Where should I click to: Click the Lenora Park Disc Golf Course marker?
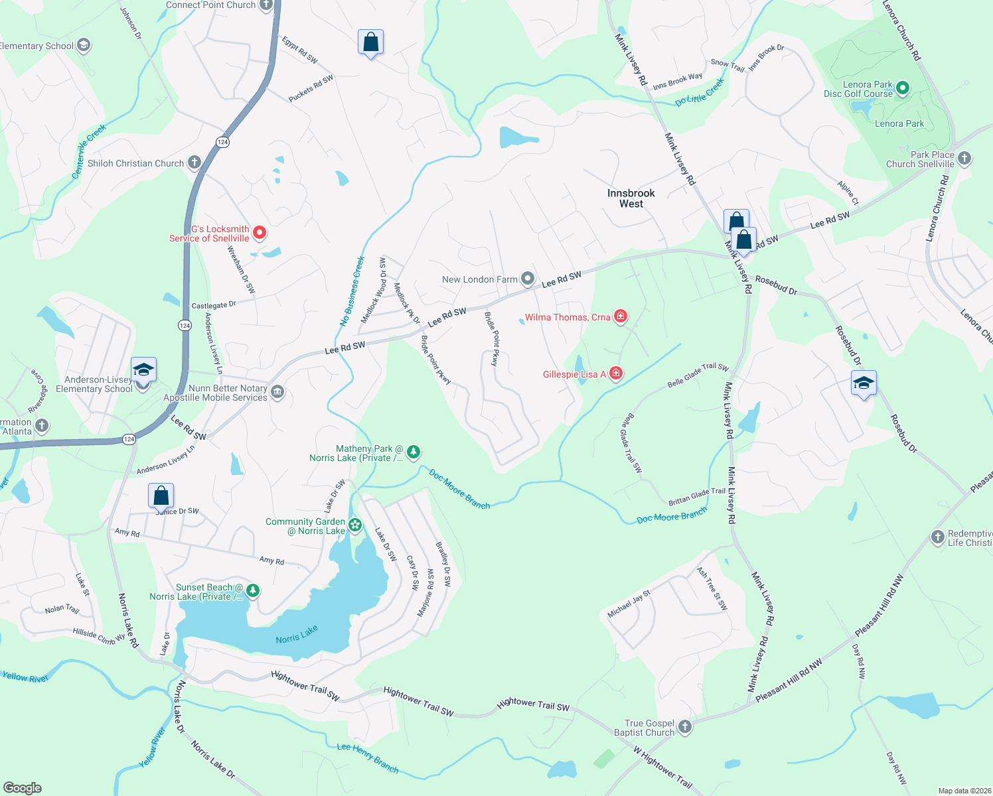click(x=902, y=88)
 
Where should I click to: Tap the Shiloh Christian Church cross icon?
click(x=194, y=163)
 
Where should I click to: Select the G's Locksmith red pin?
click(x=260, y=233)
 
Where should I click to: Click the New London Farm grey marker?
click(x=527, y=279)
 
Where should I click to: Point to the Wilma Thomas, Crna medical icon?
click(x=620, y=316)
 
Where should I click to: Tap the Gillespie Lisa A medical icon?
click(x=616, y=373)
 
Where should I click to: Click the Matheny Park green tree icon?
click(x=414, y=452)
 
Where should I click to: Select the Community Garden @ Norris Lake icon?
click(x=355, y=525)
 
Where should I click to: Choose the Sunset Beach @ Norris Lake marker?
click(x=252, y=590)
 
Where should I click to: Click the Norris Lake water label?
click(x=297, y=635)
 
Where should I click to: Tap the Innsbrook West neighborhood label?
click(x=631, y=198)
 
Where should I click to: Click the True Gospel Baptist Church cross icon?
click(x=685, y=727)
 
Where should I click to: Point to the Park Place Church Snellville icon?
click(x=964, y=159)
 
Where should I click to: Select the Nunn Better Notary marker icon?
click(x=277, y=393)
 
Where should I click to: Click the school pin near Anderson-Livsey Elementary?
click(x=143, y=369)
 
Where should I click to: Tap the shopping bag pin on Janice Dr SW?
click(x=161, y=495)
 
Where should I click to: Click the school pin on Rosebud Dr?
click(x=863, y=383)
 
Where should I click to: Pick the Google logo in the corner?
click(x=23, y=787)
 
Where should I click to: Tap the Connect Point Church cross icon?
click(x=266, y=5)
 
